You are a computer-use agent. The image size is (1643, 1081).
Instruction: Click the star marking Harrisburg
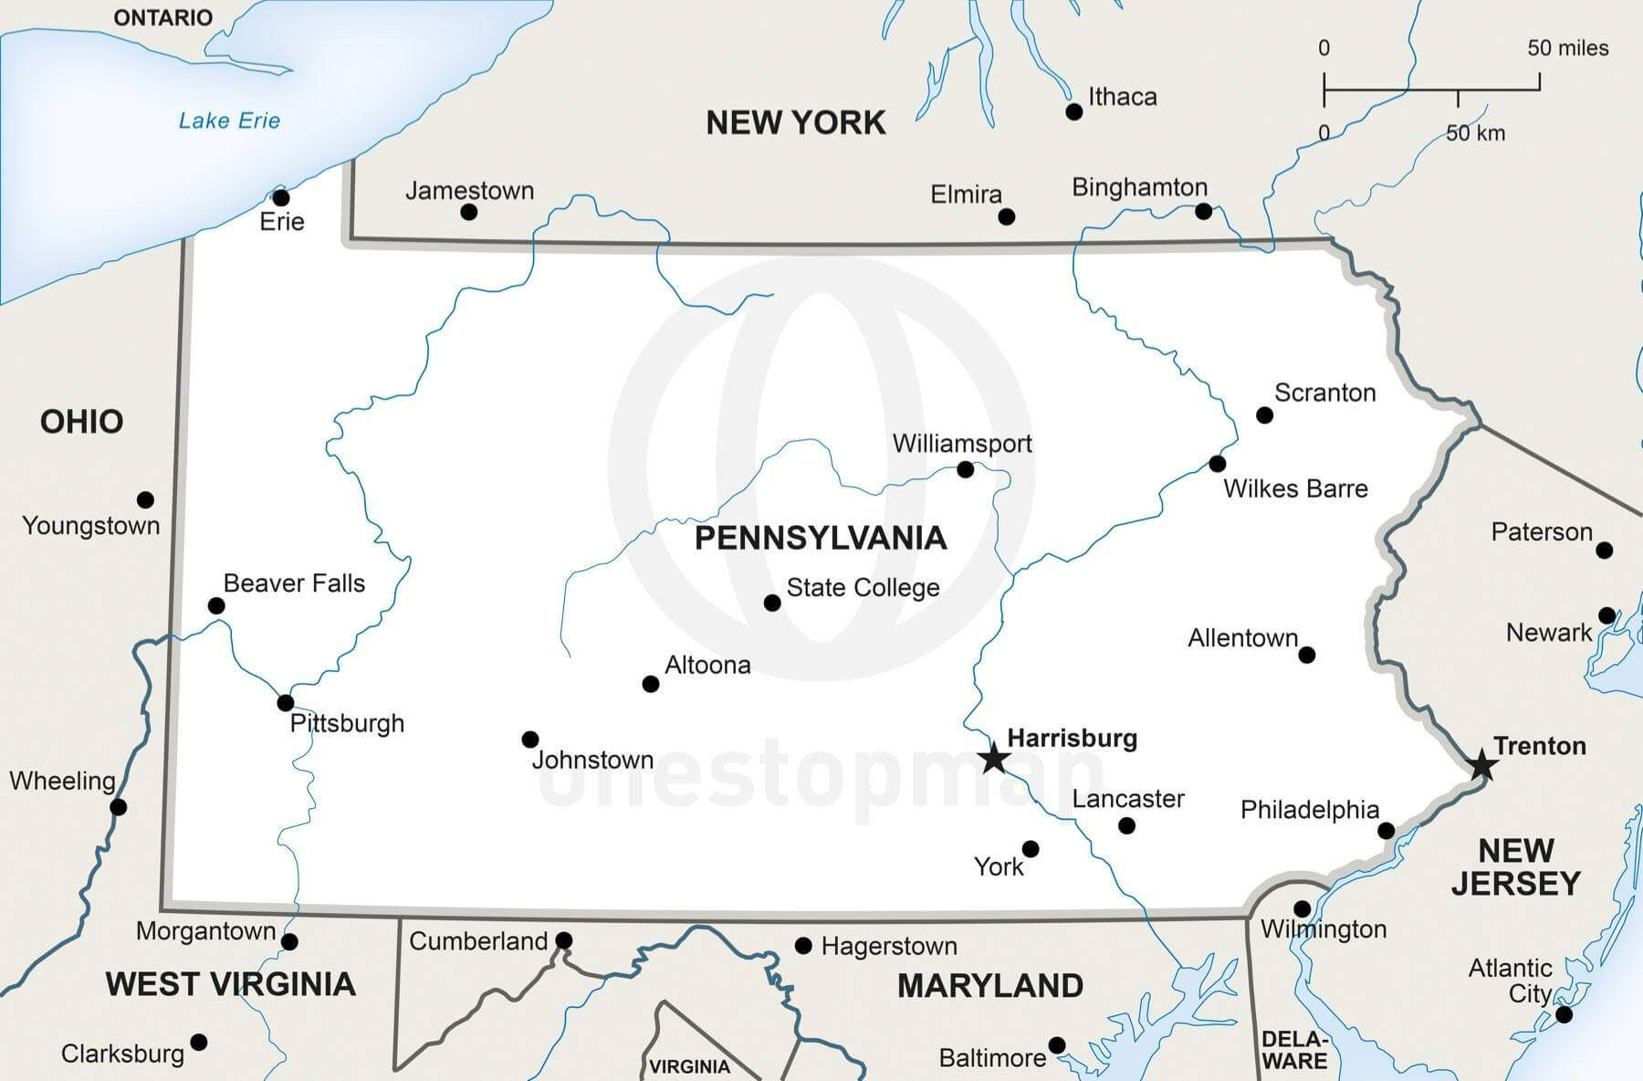[993, 758]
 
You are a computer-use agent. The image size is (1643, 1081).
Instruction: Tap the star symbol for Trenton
[1481, 765]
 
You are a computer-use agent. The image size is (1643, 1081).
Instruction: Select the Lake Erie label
[229, 121]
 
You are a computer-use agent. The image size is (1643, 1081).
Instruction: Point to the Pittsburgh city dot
[286, 703]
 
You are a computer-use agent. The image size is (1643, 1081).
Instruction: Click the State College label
[863, 588]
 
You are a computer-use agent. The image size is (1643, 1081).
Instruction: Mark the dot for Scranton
[1264, 415]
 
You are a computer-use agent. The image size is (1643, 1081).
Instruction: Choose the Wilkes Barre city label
[1295, 488]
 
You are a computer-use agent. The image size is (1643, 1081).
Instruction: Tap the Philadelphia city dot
[1386, 831]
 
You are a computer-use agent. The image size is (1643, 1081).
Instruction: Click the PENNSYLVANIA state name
[821, 538]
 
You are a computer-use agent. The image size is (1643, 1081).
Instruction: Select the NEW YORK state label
[796, 122]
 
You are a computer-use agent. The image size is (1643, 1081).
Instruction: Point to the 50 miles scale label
[1567, 48]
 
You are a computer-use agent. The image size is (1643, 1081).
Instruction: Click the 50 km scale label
[1475, 133]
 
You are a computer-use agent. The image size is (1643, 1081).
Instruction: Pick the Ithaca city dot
[1074, 112]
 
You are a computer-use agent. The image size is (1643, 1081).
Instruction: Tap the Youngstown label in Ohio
[90, 526]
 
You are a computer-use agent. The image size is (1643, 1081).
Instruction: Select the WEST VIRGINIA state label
[231, 984]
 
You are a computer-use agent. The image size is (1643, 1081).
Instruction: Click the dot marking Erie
[281, 198]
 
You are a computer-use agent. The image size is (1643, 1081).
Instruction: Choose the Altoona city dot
[651, 684]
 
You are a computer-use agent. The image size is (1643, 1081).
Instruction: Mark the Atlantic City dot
[1564, 1014]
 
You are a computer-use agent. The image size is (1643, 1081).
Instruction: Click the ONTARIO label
[162, 17]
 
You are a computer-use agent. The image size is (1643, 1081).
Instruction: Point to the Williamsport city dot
[965, 469]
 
